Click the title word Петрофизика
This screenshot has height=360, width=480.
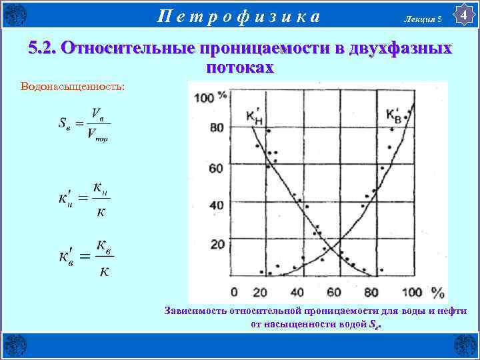click(x=239, y=15)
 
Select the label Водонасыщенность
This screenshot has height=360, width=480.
click(x=63, y=87)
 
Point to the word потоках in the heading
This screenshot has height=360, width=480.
click(x=240, y=67)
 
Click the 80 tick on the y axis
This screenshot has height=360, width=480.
click(x=217, y=127)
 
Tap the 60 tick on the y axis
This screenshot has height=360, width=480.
click(x=217, y=167)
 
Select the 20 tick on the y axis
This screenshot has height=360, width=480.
click(x=217, y=245)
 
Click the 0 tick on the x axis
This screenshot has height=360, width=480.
click(x=234, y=292)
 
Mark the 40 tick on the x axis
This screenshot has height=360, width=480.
click(x=296, y=292)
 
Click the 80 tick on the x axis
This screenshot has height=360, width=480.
click(x=371, y=292)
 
